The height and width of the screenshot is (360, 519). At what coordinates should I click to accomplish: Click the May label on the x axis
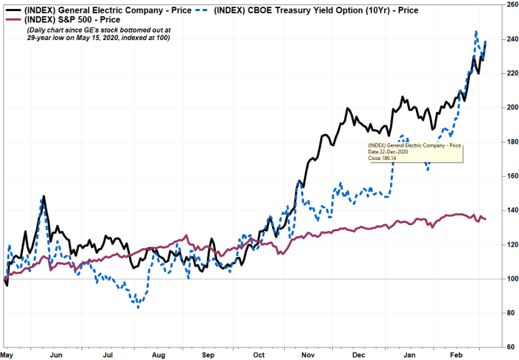[x=7, y=355]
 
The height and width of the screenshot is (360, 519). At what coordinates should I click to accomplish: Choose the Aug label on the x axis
[x=158, y=355]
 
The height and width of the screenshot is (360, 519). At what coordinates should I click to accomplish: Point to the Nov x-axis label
[x=309, y=355]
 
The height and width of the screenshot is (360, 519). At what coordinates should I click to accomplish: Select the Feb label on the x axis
[x=456, y=355]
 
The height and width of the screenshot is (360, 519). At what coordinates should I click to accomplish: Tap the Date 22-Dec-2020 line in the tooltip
[x=393, y=152]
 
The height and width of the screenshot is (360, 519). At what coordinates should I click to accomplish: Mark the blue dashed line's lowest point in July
[x=137, y=307]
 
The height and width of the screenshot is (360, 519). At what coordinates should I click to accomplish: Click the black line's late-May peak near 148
[x=44, y=197]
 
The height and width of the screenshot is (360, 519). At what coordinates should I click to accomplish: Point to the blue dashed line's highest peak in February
[x=475, y=32]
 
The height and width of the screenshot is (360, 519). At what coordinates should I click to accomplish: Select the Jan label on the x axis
[x=407, y=355]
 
